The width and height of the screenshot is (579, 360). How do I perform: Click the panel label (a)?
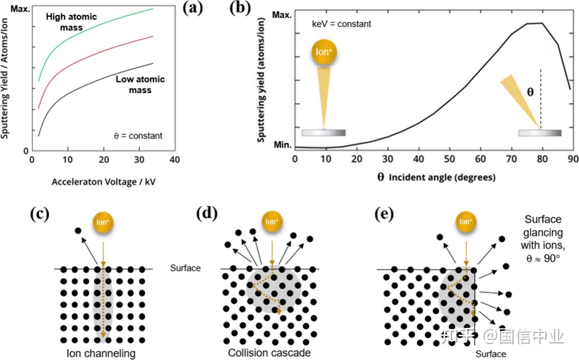pos(193,8)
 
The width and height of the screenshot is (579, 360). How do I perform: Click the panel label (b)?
pos(240,8)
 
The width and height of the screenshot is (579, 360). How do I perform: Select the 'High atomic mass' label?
pos(71,22)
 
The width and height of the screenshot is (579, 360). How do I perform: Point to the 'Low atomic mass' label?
pos(140,84)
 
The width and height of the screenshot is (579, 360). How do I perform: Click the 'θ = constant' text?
pos(138,136)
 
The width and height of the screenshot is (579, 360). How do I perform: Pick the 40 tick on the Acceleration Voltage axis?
pos(175,160)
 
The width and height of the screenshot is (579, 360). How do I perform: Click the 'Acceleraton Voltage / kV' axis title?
pos(104,182)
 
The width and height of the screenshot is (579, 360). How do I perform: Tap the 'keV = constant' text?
pos(341,24)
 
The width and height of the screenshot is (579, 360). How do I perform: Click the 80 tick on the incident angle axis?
pos(542,159)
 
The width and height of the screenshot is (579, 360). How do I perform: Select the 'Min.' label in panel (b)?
pos(282,145)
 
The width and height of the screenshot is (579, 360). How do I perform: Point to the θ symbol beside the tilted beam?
pos(530,92)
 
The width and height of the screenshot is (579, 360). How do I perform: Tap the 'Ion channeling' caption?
pos(101,354)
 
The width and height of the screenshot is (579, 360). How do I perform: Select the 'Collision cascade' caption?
pos(269,353)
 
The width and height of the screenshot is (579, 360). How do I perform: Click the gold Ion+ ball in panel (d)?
pos(272,221)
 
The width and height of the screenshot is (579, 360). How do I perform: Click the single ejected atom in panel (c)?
pos(78,231)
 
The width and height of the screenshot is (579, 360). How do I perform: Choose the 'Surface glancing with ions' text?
pos(543,239)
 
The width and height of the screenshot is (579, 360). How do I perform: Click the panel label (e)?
pos(384,214)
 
